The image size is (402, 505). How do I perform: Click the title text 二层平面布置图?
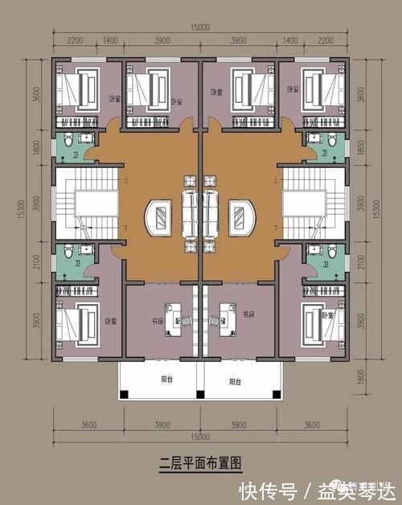pyautogui.click(x=200, y=462)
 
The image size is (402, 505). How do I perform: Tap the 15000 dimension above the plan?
pyautogui.click(x=200, y=27)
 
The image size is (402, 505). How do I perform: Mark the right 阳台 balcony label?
pyautogui.click(x=234, y=381)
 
